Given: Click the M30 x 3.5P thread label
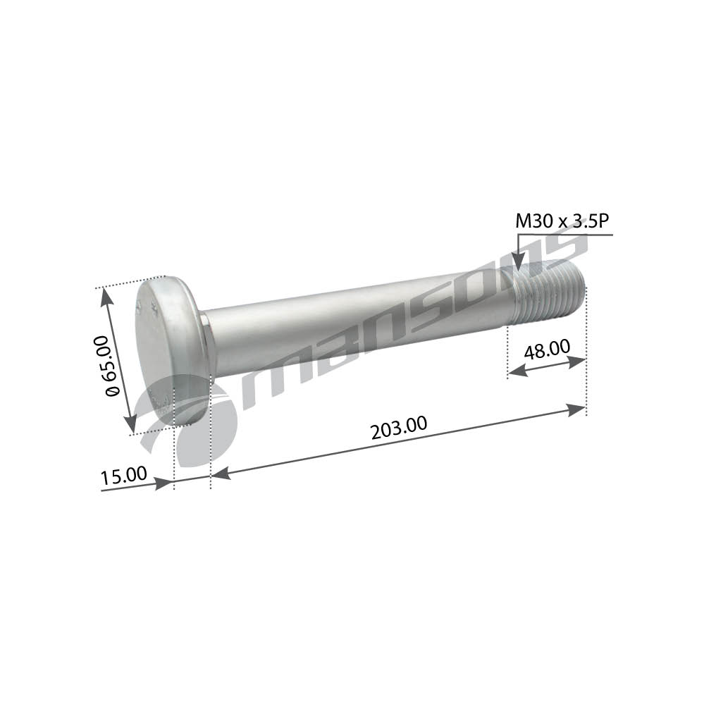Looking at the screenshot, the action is click(x=562, y=221).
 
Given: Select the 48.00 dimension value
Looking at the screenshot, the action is click(x=547, y=349).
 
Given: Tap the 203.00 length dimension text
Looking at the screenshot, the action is click(x=399, y=428).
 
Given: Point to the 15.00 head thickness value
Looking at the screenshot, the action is click(x=123, y=476).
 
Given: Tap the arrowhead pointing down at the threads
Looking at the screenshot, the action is click(x=519, y=262).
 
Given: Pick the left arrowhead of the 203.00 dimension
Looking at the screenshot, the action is click(x=221, y=473).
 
